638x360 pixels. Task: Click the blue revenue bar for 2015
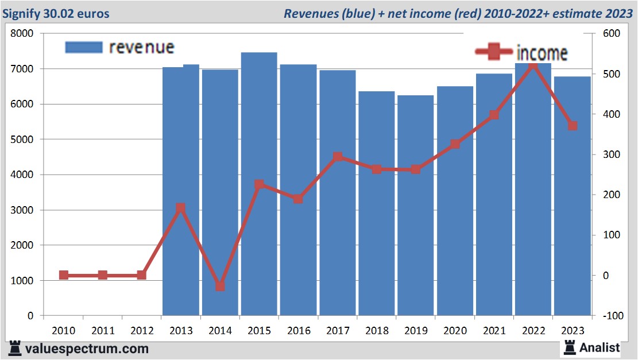point(259,184)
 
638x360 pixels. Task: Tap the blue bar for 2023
point(572,196)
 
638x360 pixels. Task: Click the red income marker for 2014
point(220,286)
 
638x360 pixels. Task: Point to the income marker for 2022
point(533,66)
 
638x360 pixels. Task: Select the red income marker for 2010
point(64,275)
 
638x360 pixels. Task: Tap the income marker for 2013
point(181,208)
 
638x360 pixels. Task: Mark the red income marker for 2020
point(455,144)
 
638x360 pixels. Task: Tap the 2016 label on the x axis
point(299,331)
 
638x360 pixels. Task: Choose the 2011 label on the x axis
point(103,331)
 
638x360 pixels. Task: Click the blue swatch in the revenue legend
point(84,47)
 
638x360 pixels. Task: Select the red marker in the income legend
point(494,52)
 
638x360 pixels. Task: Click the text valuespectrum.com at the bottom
point(87,349)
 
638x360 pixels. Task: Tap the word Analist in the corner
point(600,347)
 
